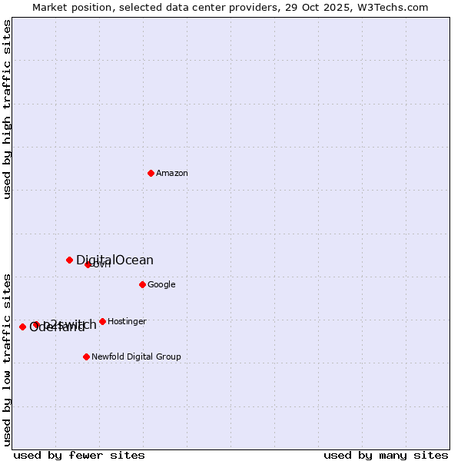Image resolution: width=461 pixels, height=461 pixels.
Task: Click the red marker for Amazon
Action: click(151, 173)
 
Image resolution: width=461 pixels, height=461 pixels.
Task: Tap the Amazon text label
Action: click(172, 174)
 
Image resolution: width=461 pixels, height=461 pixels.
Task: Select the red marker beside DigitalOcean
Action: click(69, 260)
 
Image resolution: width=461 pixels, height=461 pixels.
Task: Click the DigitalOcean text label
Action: click(114, 260)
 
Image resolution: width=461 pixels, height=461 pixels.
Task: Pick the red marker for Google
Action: click(142, 284)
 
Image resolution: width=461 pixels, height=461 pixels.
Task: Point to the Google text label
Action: click(161, 285)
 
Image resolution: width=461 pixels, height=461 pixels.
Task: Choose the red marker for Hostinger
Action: click(102, 321)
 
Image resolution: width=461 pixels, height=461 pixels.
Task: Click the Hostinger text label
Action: click(127, 322)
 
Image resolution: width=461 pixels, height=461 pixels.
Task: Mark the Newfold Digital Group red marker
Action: click(86, 357)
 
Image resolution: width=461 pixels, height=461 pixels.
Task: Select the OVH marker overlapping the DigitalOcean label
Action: click(88, 264)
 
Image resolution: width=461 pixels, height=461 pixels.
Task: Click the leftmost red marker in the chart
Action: click(22, 327)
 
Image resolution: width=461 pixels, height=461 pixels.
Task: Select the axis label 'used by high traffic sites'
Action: click(7, 109)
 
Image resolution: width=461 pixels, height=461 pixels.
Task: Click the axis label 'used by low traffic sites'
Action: click(7, 359)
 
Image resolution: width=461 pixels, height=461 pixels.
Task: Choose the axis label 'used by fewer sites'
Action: click(79, 455)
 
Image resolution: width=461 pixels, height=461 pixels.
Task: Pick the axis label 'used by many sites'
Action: click(386, 455)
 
